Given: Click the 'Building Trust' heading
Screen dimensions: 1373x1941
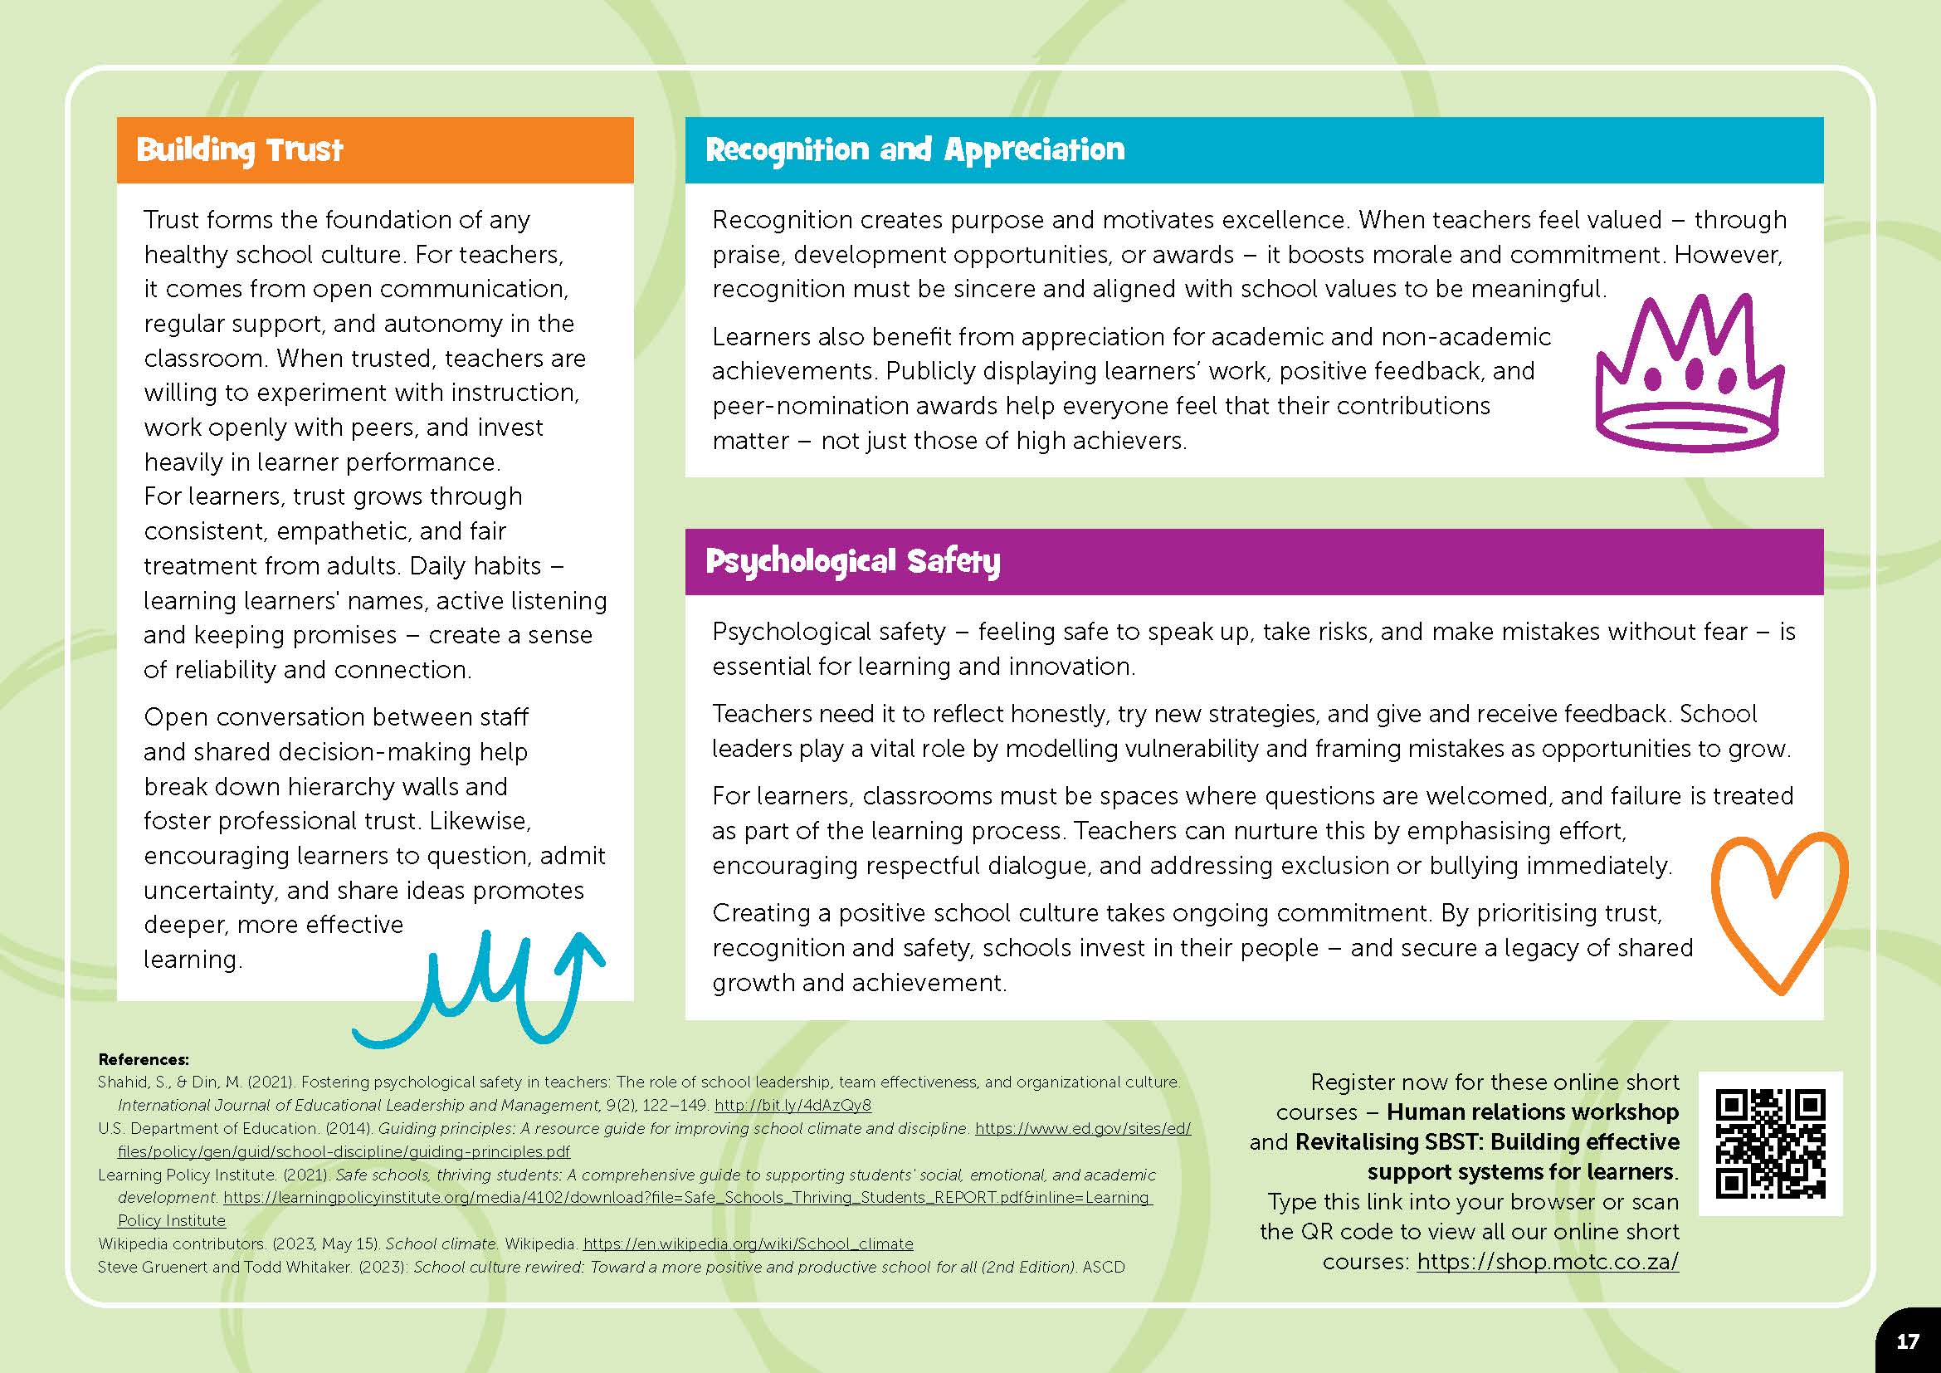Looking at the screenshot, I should click(x=239, y=149).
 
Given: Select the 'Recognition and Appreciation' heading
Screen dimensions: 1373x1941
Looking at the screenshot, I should click(x=914, y=149).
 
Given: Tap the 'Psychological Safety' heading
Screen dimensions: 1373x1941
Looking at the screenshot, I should click(x=852, y=561).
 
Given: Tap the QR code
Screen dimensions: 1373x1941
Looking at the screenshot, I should click(x=1770, y=1144).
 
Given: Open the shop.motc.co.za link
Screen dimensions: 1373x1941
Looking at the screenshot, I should click(x=1547, y=1262).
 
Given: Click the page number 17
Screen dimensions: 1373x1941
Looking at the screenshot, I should click(x=1908, y=1341).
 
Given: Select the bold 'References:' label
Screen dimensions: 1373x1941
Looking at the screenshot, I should click(x=144, y=1059).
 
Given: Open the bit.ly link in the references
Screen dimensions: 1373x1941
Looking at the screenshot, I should click(x=792, y=1105).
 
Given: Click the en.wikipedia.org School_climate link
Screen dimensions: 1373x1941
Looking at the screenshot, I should click(x=749, y=1244).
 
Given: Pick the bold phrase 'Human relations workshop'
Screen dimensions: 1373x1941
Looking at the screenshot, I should click(x=1533, y=1112).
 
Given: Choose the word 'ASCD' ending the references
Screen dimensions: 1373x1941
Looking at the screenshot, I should click(x=1103, y=1268).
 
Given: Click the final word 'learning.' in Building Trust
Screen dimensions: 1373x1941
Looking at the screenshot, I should click(x=193, y=960).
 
